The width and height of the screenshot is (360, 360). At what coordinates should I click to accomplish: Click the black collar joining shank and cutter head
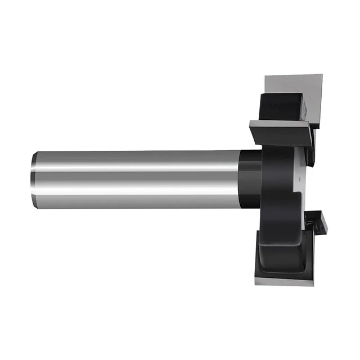pos(251,179)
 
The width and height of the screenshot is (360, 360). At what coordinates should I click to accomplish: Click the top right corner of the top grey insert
pos(321,75)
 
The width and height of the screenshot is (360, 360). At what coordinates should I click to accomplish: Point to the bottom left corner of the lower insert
pos(256,281)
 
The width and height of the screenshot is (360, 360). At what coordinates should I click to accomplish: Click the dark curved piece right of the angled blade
pos(310,149)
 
